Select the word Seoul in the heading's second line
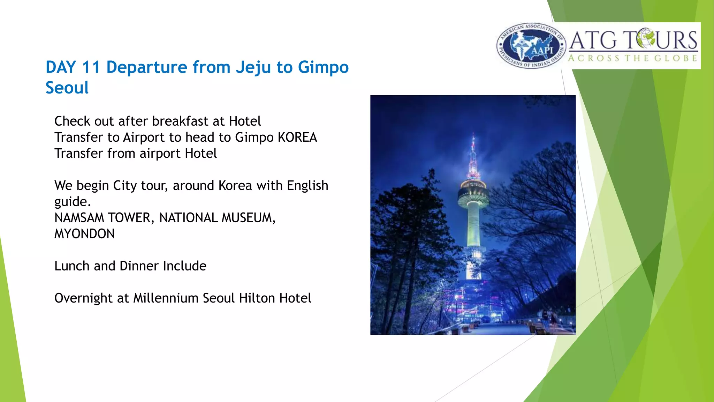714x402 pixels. pyautogui.click(x=67, y=88)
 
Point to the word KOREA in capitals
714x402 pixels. pyautogui.click(x=297, y=137)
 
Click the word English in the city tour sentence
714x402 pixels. pyautogui.click(x=307, y=186)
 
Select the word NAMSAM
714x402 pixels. pyautogui.click(x=79, y=218)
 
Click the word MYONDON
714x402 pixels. pyautogui.click(x=84, y=234)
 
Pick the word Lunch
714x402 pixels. pyautogui.click(x=72, y=266)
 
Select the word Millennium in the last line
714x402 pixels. pyautogui.click(x=166, y=298)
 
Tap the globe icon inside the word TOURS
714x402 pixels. pyautogui.click(x=645, y=39)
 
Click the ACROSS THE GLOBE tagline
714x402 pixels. pyautogui.click(x=632, y=58)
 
